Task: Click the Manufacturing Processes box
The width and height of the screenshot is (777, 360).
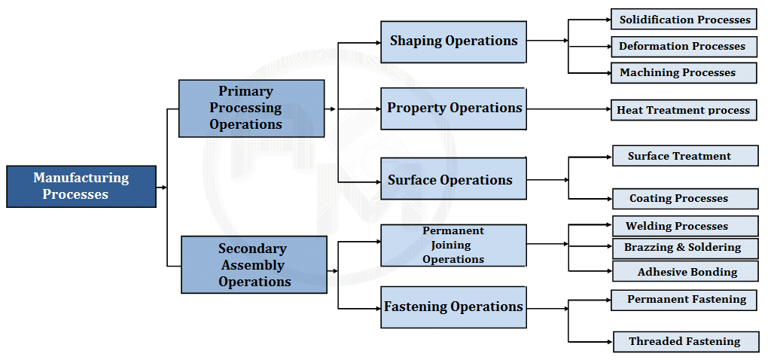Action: coord(81,186)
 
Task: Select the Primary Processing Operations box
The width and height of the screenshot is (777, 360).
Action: coord(251,108)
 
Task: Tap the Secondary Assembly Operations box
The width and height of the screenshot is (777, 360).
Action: coord(254,264)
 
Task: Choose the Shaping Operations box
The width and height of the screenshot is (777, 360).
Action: coord(453,41)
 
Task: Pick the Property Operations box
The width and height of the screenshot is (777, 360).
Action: coord(453,108)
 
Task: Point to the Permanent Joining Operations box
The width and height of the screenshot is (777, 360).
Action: coord(453,245)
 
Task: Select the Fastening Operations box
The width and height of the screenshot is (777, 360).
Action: coord(453,307)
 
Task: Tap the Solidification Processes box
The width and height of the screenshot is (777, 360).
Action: coord(684,20)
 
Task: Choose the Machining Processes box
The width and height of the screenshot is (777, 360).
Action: coord(684,72)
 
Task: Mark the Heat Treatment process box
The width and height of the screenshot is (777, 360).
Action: coord(684,110)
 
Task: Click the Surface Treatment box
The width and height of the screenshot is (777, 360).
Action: coord(684,156)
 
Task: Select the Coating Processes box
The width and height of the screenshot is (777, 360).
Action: coord(684,199)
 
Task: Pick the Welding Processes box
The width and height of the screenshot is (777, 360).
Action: coord(684,226)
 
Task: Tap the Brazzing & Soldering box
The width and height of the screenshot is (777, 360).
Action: coord(684,247)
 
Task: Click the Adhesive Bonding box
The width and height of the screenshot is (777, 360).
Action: coord(684,272)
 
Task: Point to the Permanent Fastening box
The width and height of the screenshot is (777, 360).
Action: coord(684,300)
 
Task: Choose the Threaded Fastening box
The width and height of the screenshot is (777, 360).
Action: coord(684,341)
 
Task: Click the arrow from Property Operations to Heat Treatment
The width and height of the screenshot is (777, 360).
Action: coord(568,109)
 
